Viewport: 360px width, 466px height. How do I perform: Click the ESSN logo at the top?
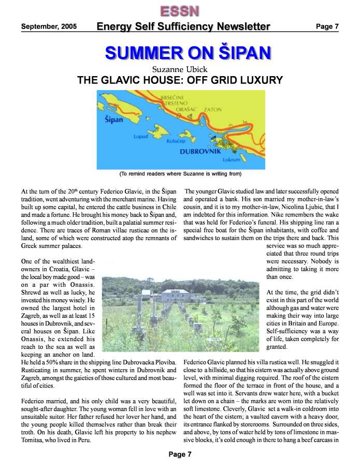click(180, 10)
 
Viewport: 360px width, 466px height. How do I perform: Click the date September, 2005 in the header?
click(49, 26)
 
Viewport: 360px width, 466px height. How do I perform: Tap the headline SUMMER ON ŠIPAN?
click(188, 52)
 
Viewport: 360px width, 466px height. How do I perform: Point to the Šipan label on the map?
click(113, 120)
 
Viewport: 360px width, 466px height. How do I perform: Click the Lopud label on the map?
click(141, 137)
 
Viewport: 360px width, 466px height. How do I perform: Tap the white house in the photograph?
click(176, 298)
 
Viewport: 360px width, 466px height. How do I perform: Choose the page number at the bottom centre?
click(180, 454)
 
